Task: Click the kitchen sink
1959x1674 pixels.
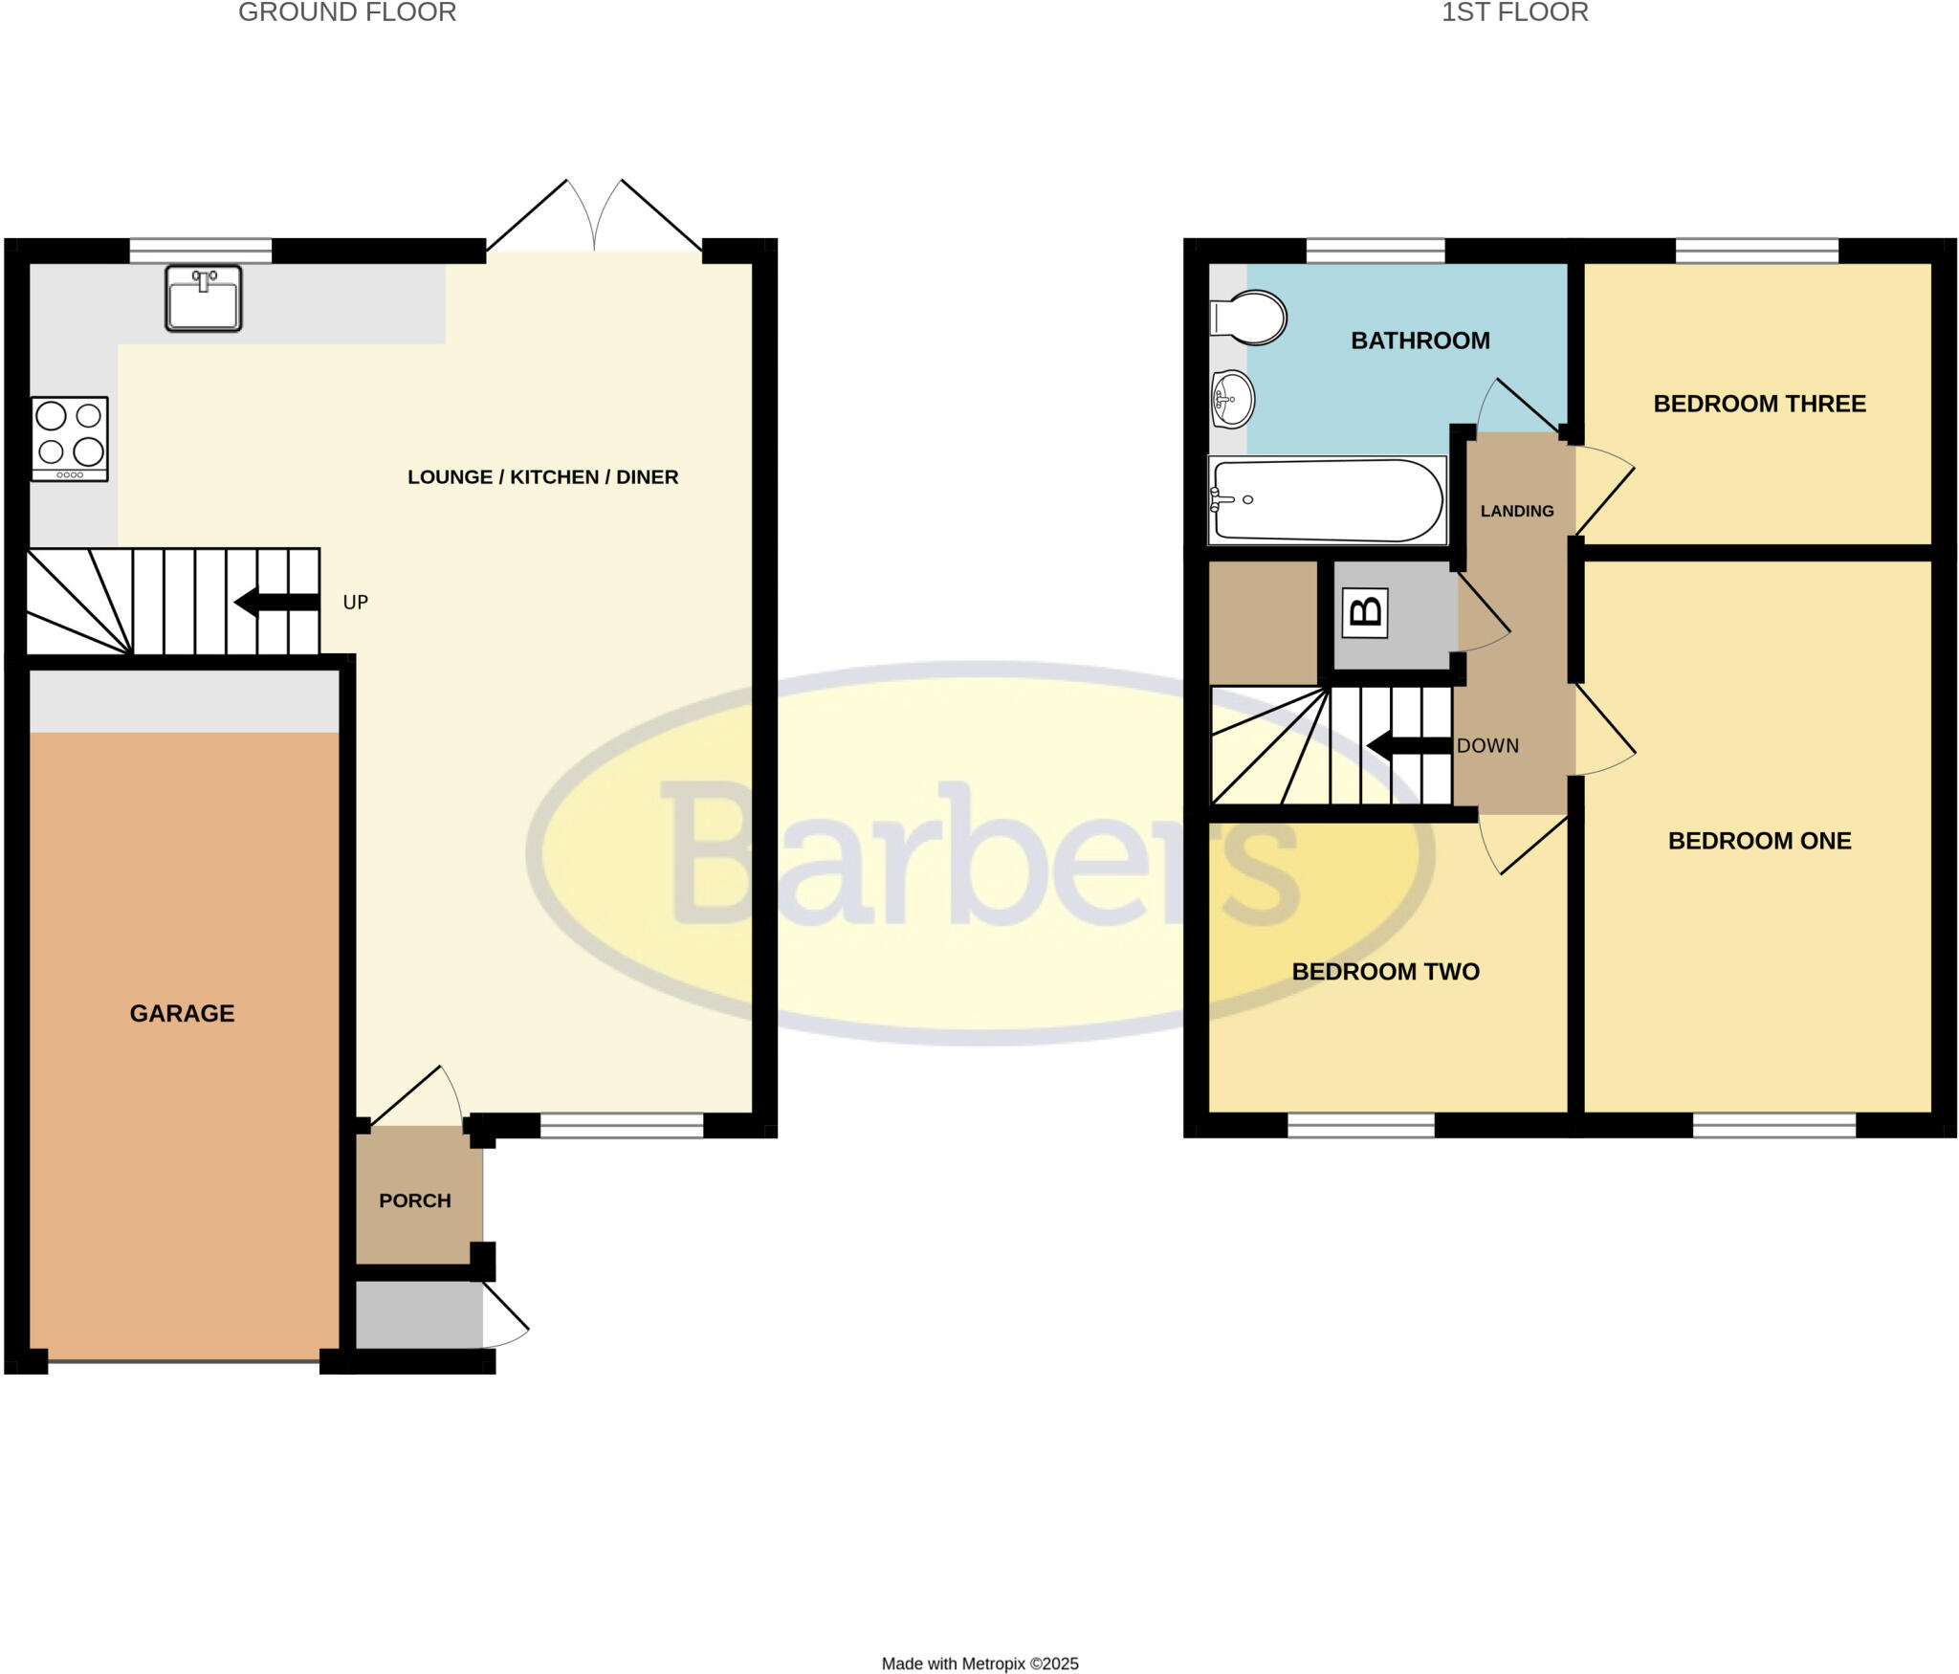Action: [203, 299]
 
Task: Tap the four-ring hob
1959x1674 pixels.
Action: [70, 438]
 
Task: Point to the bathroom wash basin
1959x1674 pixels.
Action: [1233, 399]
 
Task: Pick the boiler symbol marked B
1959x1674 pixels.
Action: [1365, 612]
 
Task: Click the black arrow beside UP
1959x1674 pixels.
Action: [276, 603]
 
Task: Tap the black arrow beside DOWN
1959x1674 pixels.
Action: [1409, 746]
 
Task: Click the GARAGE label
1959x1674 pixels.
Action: [182, 1013]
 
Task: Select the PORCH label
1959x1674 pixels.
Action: [414, 1200]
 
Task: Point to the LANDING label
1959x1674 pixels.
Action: [1517, 511]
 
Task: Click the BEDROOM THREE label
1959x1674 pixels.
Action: [1759, 404]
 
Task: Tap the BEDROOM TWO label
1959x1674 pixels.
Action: [1385, 972]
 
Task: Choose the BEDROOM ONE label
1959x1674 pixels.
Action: [1759, 841]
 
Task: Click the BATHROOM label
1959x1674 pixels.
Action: [1420, 341]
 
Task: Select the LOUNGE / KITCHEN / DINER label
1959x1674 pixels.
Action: [542, 476]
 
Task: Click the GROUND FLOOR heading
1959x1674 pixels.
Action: [347, 12]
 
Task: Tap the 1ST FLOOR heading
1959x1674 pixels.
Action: [1514, 12]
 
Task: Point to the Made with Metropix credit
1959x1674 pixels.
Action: [979, 1663]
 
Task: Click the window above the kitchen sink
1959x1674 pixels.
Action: [200, 251]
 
